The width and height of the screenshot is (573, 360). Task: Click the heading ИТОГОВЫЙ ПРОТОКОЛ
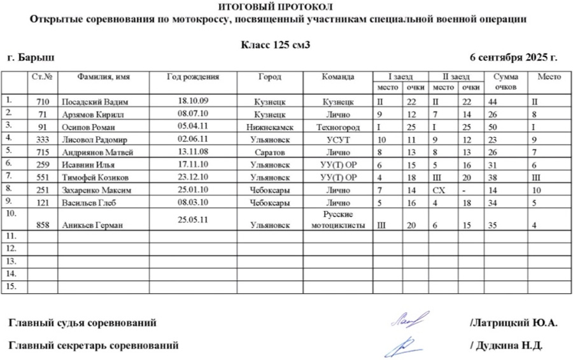tap(275, 7)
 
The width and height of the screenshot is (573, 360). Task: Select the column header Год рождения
tap(192, 76)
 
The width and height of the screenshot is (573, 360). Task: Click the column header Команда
tap(337, 76)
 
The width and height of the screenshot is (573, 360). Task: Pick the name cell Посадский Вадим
tap(94, 102)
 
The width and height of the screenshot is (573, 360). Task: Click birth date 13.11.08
tap(193, 152)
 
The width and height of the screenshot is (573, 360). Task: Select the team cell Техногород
tap(337, 127)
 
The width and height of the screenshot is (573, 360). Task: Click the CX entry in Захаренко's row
tap(439, 190)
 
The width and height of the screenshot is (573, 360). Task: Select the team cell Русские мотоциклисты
tap(337, 219)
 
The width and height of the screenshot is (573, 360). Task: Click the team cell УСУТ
tap(337, 140)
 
